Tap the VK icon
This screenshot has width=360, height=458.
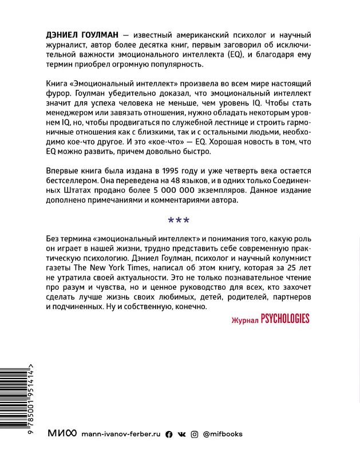181,434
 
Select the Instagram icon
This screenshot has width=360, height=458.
195,434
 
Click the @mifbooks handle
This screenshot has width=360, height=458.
223,434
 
